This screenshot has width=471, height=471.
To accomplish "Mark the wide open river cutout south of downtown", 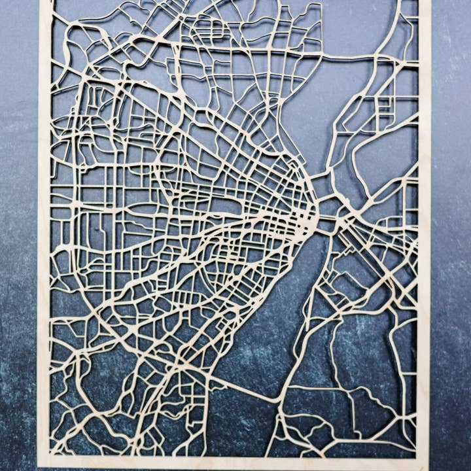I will tap(262, 340).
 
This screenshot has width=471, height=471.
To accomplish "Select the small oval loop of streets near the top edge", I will tap(216, 29).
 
